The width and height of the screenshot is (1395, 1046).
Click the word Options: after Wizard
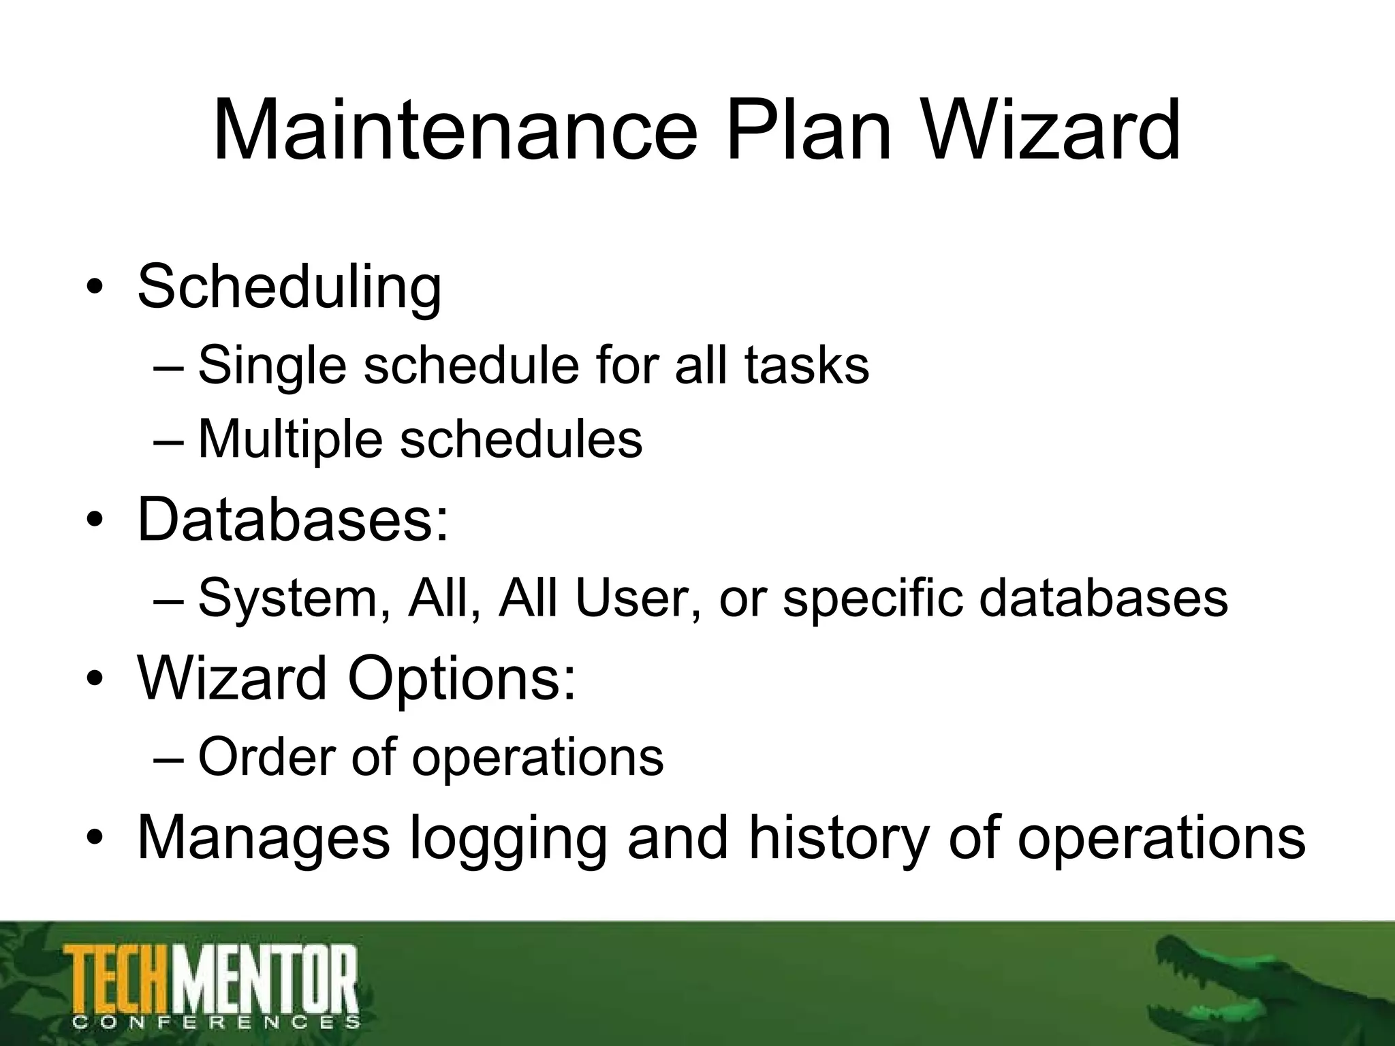(x=463, y=679)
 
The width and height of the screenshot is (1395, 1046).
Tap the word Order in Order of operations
(x=266, y=756)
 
